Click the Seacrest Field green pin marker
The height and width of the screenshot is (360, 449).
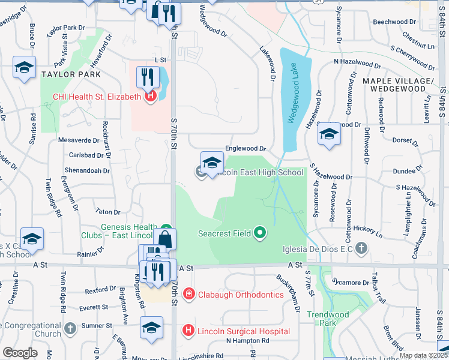pos(259,232)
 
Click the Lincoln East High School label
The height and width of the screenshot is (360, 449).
pos(260,172)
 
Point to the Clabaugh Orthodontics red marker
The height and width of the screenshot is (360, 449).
pos(188,294)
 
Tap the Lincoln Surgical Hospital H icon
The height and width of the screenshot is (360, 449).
pos(188,330)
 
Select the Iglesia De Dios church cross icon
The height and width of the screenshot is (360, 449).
pos(361,247)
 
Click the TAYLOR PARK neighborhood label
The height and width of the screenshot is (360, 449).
pos(71,74)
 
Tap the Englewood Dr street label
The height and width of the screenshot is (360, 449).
pos(245,148)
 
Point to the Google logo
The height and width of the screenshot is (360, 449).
pos(20,353)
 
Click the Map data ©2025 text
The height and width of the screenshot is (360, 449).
pos(423,355)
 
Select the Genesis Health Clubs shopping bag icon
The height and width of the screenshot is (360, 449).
pos(165,239)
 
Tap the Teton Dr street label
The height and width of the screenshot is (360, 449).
pos(108,212)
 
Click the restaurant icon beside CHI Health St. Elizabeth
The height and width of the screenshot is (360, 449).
pos(146,77)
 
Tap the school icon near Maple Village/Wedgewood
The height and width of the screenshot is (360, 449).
pos(329,134)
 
